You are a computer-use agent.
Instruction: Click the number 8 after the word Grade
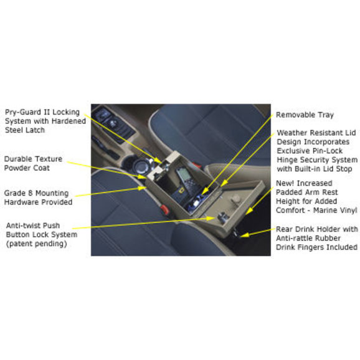pyautogui.click(x=30, y=193)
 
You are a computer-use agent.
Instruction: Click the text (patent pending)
pyautogui.click(x=37, y=244)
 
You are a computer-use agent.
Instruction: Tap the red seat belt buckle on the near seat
pyautogui.click(x=164, y=209)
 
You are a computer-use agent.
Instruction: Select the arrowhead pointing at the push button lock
pyautogui.click(x=211, y=218)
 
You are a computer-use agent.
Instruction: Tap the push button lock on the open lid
pyautogui.click(x=222, y=217)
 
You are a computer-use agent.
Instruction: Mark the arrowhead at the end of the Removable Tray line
pyautogui.click(x=205, y=191)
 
